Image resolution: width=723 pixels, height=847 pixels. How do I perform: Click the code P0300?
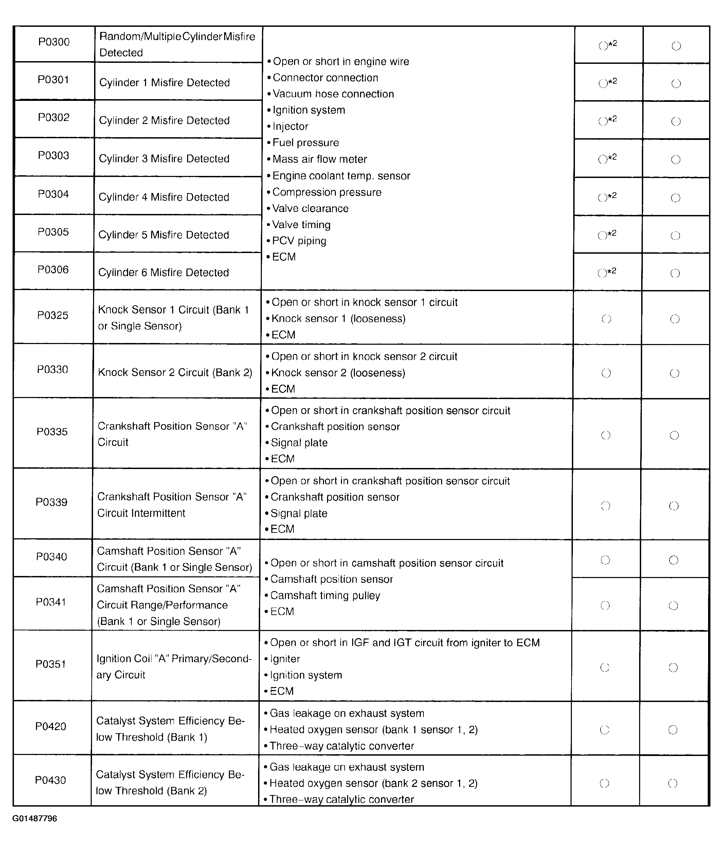(54, 42)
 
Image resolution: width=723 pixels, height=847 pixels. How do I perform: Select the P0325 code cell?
(53, 315)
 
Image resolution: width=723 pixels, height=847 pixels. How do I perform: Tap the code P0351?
(51, 664)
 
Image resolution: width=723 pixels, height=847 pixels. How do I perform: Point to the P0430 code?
(50, 780)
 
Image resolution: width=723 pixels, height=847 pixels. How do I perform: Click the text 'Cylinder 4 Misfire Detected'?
(164, 197)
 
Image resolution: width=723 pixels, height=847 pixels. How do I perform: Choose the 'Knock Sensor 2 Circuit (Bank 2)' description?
(175, 373)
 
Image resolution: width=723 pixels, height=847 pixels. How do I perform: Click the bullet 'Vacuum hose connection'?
(333, 94)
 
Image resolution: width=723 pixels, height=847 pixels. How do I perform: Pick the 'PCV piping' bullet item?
(299, 241)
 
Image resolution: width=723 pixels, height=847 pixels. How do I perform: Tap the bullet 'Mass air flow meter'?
(320, 159)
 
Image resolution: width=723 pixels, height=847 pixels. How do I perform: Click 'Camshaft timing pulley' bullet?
(325, 595)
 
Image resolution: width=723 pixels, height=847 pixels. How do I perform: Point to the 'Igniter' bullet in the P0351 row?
(285, 659)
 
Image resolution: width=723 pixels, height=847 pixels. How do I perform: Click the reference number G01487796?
(35, 818)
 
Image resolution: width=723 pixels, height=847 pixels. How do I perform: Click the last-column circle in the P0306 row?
(675, 273)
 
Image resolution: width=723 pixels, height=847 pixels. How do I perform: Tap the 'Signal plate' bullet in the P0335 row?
(299, 443)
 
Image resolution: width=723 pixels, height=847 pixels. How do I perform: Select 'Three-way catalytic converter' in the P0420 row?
(342, 746)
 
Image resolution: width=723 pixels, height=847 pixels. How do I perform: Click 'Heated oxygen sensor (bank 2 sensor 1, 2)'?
(374, 783)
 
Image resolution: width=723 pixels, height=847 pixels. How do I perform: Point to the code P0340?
(52, 557)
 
